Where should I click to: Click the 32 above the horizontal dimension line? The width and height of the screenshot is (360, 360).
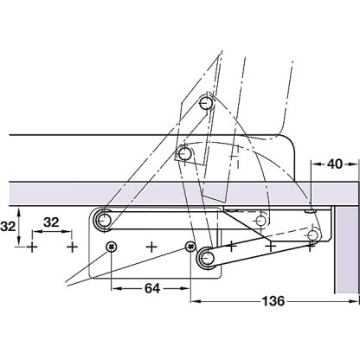[52, 221]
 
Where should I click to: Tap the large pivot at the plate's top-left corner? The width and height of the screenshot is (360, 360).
[105, 221]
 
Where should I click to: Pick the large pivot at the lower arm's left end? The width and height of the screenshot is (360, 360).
[205, 257]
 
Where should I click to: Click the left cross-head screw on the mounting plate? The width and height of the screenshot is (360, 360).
[112, 247]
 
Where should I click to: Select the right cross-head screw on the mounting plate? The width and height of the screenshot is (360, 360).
[190, 248]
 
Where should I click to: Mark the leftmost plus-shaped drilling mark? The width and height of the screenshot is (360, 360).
[32, 247]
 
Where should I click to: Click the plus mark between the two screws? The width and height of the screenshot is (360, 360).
[151, 247]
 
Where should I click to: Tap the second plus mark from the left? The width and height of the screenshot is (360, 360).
[72, 247]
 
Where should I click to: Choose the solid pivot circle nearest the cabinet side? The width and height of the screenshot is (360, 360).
[314, 234]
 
